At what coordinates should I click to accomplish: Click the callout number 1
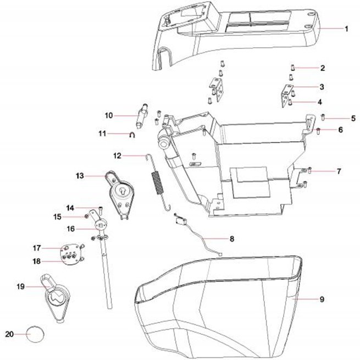tap(346, 29)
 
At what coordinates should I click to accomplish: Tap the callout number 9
tap(322, 300)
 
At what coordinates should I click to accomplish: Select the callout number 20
tap(9, 334)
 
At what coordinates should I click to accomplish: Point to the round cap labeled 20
tap(35, 334)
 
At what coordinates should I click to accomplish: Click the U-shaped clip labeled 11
tap(132, 135)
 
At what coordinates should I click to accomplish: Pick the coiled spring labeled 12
tap(158, 181)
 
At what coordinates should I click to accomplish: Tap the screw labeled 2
tap(293, 68)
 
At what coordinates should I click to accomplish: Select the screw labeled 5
tap(323, 118)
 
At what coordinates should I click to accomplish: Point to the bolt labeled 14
tap(101, 209)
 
